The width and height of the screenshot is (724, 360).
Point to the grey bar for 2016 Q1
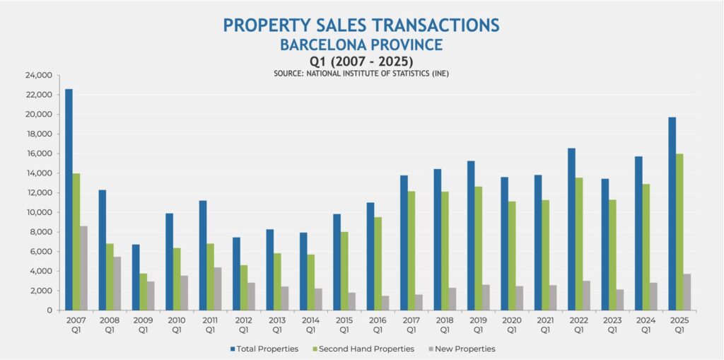click(386, 303)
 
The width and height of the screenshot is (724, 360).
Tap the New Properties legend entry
click(462, 349)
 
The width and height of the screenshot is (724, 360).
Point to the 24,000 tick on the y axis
click(40, 75)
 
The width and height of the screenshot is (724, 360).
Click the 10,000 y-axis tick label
click(40, 212)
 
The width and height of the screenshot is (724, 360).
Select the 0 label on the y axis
click(49, 310)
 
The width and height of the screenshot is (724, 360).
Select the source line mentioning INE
click(361, 74)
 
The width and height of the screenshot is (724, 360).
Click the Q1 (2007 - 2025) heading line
click(361, 62)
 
